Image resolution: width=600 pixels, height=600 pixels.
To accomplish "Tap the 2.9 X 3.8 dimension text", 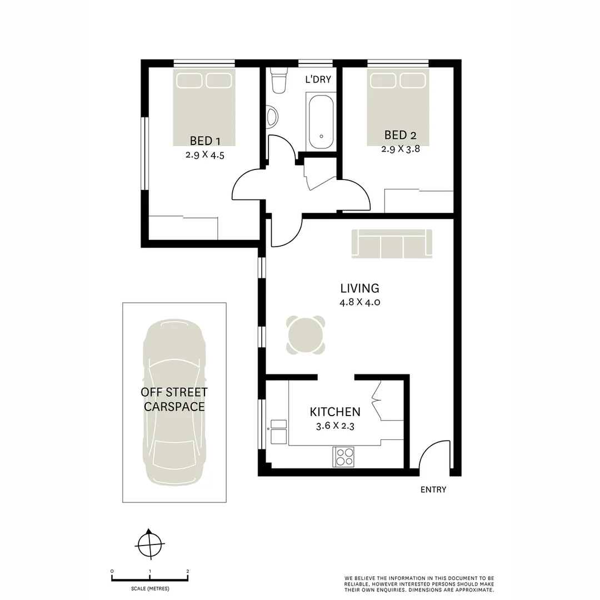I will point(399,149).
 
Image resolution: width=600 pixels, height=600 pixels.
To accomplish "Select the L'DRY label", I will point(318,79).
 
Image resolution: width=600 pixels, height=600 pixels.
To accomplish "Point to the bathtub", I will point(321,121).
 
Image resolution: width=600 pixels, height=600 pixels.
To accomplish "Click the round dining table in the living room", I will point(306,334).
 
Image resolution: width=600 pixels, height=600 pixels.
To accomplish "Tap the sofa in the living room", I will point(392,243).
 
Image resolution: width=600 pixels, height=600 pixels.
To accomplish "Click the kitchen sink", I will point(278,432).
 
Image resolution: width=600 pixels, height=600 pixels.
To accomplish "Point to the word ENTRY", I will point(433,489).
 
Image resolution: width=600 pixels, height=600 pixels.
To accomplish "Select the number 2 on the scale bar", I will point(188,571).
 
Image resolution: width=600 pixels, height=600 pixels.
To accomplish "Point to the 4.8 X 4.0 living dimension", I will point(359,303).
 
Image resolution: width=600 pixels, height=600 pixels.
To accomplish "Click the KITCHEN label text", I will point(334,412).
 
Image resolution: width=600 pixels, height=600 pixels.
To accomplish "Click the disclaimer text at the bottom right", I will point(419,583).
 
